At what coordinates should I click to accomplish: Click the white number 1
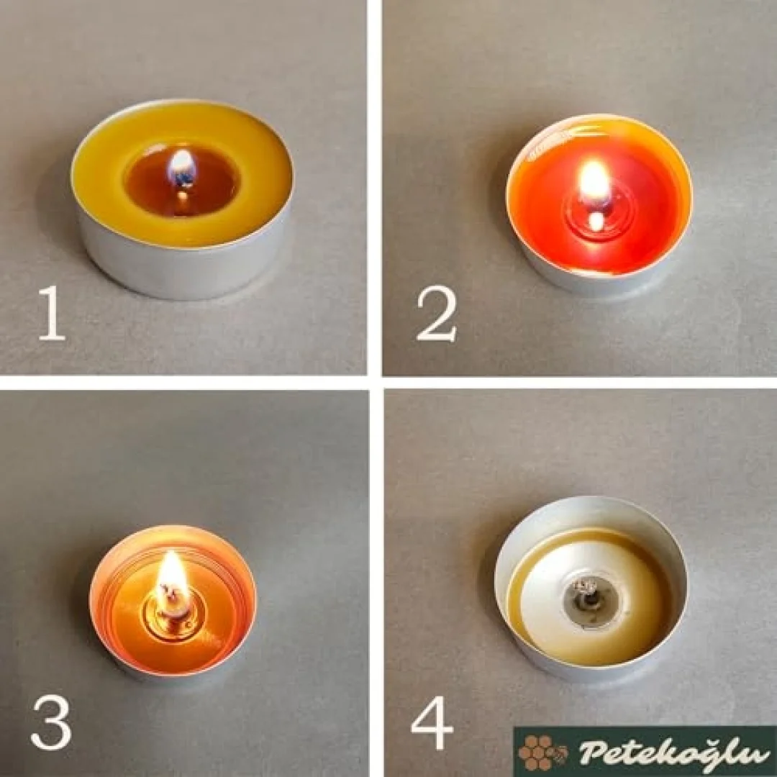[53, 313]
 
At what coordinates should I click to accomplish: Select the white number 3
[52, 722]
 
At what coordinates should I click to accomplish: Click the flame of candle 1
[182, 168]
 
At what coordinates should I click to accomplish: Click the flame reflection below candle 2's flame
[597, 221]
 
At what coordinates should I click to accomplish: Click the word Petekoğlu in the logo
[669, 752]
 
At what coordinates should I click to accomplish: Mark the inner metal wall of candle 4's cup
[590, 513]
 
